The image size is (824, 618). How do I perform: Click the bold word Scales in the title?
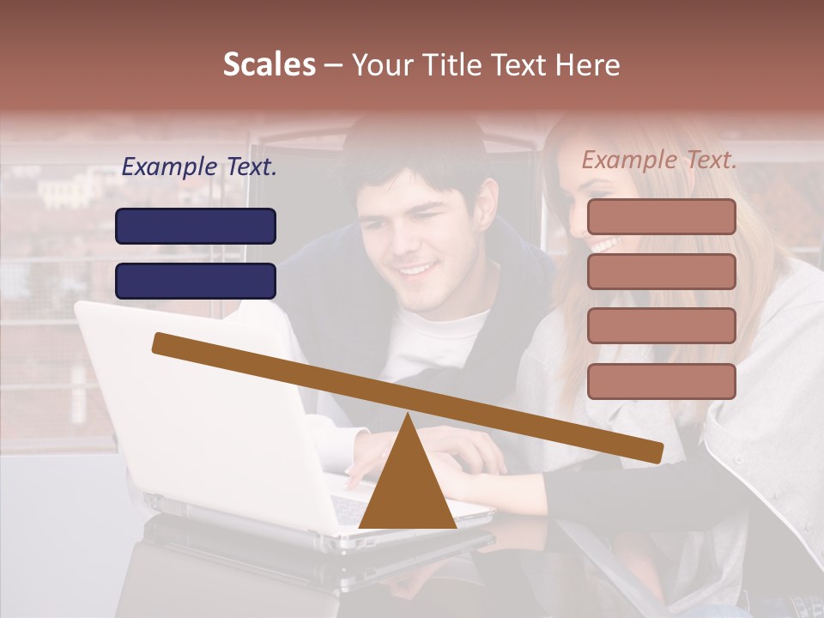pyautogui.click(x=269, y=64)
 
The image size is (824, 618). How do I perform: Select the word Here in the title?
pyautogui.click(x=585, y=64)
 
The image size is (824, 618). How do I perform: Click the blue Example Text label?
pyautogui.click(x=199, y=167)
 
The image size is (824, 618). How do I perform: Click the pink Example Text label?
pyautogui.click(x=659, y=160)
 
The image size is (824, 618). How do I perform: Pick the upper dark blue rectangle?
pyautogui.click(x=196, y=226)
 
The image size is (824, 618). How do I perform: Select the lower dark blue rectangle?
pyautogui.click(x=196, y=281)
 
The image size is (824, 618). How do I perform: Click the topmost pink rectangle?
pyautogui.click(x=661, y=216)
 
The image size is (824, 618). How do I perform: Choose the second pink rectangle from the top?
pyautogui.click(x=661, y=271)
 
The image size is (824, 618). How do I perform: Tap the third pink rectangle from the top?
pyautogui.click(x=661, y=326)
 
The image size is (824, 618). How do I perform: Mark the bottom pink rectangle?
pyautogui.click(x=661, y=381)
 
